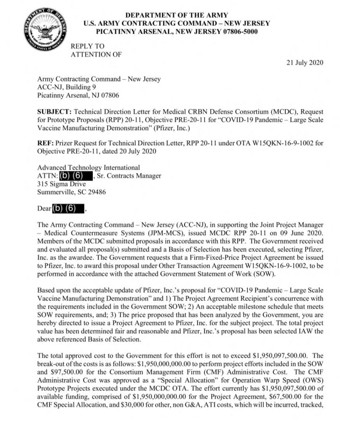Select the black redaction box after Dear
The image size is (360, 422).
(68, 208)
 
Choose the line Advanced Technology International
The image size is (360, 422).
(88, 167)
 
